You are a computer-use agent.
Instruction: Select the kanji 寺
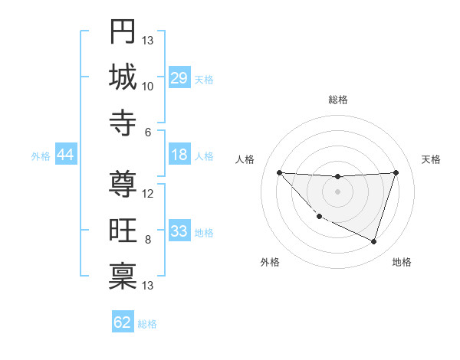(123, 123)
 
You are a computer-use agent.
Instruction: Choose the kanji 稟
(123, 276)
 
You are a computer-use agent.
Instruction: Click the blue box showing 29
(179, 77)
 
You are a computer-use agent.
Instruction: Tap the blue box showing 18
(179, 155)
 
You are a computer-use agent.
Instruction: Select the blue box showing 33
(179, 231)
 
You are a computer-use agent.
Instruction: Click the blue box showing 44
(65, 155)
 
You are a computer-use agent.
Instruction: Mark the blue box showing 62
(123, 322)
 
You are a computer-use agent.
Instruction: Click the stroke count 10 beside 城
(148, 87)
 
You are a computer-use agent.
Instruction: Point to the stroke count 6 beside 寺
(148, 132)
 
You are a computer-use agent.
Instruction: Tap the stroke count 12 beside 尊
(148, 194)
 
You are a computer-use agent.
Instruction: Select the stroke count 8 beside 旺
(148, 240)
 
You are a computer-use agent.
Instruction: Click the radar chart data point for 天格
(396, 172)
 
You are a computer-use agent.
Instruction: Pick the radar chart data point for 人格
(279, 172)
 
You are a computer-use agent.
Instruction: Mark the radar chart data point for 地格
(373, 241)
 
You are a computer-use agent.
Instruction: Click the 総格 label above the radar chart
(337, 100)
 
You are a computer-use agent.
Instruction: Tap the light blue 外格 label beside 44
(41, 155)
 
